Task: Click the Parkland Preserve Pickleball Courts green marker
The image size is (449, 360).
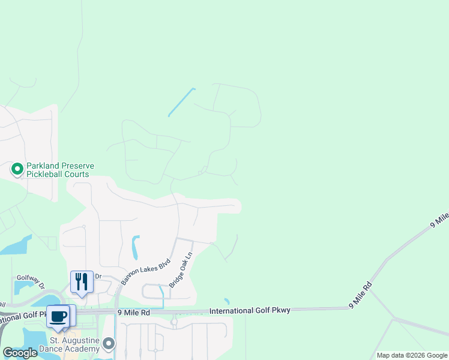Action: (17, 170)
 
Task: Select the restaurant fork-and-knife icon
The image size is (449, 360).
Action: (82, 281)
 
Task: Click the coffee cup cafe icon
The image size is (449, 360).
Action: (58, 317)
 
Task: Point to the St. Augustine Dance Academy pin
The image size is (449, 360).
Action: (109, 344)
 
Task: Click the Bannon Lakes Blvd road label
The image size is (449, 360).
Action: (146, 271)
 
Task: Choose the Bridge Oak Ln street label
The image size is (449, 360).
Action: (181, 269)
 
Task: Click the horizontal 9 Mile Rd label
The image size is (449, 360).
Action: (133, 313)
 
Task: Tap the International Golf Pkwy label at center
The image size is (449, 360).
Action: (250, 310)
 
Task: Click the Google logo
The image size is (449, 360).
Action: (20, 353)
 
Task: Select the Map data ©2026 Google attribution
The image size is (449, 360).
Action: (412, 355)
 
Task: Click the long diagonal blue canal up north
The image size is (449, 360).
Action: (181, 102)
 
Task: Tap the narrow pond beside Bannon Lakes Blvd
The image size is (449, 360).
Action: (136, 247)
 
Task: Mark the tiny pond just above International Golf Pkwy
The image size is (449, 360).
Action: (226, 301)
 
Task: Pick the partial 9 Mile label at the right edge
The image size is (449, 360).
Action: (439, 219)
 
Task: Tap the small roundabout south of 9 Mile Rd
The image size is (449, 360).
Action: (174, 322)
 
